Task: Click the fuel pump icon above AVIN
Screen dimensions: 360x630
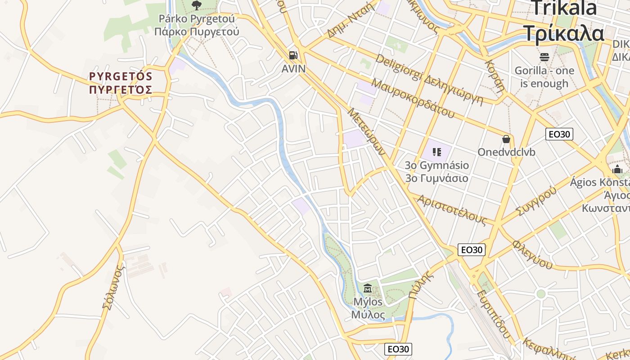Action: pyautogui.click(x=293, y=55)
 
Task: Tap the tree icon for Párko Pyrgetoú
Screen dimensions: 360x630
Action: pyautogui.click(x=196, y=5)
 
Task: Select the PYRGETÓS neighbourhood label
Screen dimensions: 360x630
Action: pyautogui.click(x=121, y=83)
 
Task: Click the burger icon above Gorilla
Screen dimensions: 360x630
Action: pyautogui.click(x=544, y=57)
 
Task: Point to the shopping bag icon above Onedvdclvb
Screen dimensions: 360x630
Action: pyautogui.click(x=506, y=139)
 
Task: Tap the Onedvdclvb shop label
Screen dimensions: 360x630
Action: pyautogui.click(x=506, y=152)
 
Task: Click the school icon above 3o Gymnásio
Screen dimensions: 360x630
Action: pyautogui.click(x=436, y=152)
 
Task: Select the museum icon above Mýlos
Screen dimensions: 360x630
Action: pyautogui.click(x=368, y=288)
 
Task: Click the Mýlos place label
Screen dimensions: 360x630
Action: pyautogui.click(x=368, y=308)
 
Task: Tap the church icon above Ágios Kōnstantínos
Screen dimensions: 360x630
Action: pyautogui.click(x=617, y=169)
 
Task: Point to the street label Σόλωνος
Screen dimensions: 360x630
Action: pyautogui.click(x=113, y=287)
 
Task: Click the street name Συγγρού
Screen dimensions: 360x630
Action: pyautogui.click(x=535, y=200)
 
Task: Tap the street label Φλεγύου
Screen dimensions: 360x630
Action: pyautogui.click(x=532, y=254)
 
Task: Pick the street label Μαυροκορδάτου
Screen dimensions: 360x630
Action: pyautogui.click(x=413, y=98)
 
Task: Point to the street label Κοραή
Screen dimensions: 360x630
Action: pyautogui.click(x=495, y=75)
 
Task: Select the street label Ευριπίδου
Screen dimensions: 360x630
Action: pyautogui.click(x=494, y=314)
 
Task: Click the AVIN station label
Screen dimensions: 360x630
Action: pyautogui.click(x=293, y=69)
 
